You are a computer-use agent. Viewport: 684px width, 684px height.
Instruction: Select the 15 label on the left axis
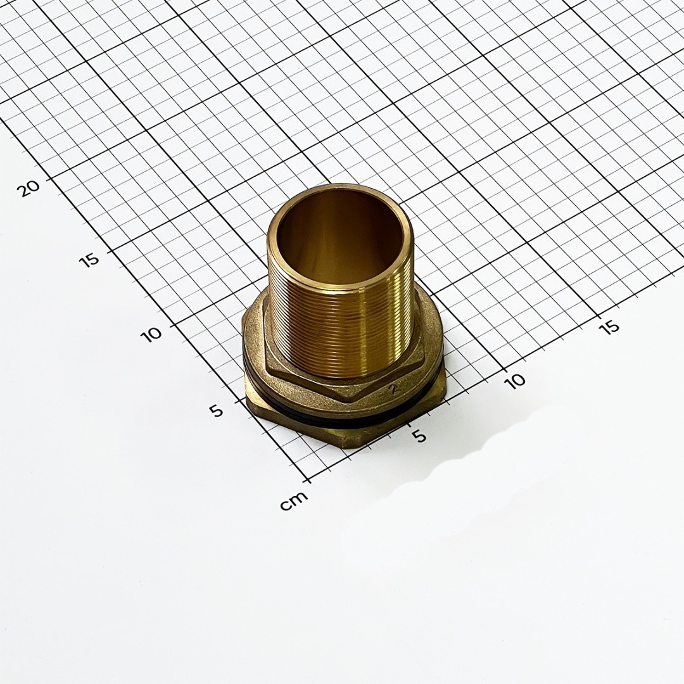[89, 260]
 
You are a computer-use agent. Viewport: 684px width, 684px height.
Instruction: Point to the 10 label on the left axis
[151, 334]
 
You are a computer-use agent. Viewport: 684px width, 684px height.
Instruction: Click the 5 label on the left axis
[217, 410]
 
